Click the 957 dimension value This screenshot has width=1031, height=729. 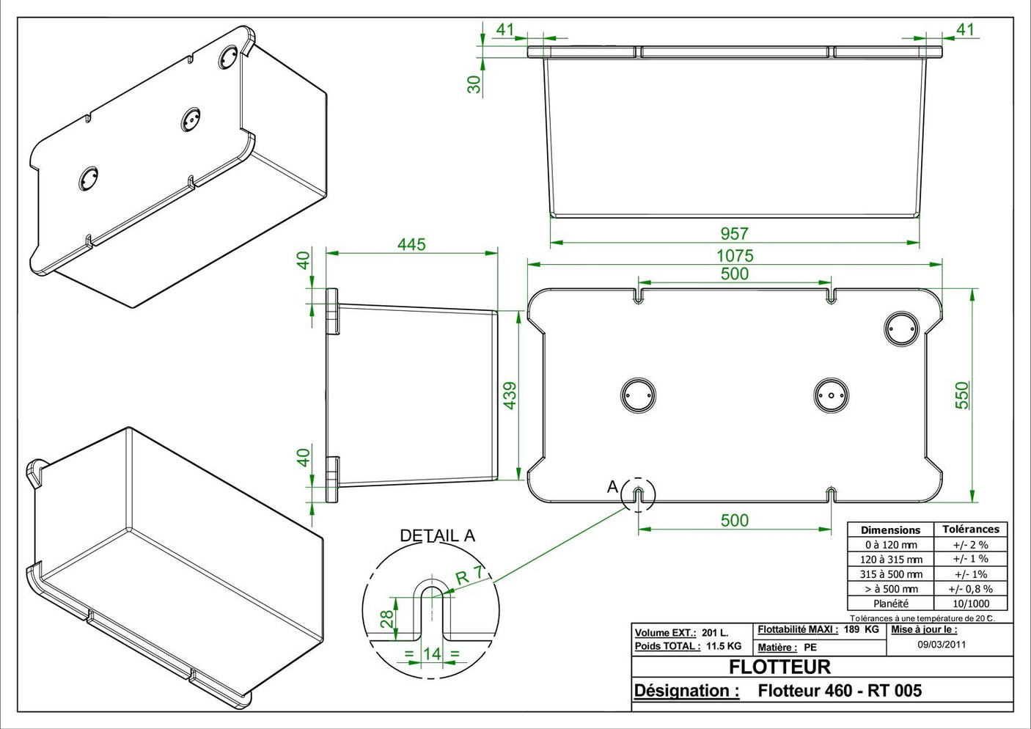coord(734,234)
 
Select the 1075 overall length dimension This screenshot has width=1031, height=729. coord(735,256)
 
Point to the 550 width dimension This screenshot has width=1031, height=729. coord(962,395)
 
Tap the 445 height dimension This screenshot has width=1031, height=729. coord(411,244)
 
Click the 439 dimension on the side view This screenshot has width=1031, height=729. coord(510,395)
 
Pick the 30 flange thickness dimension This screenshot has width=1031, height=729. coord(474,84)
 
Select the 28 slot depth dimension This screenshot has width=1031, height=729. coord(386,618)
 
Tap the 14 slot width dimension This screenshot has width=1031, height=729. coord(432,653)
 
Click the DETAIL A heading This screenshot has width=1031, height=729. coord(437,536)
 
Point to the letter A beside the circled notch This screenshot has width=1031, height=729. coord(612,487)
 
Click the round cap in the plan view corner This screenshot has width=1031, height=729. coord(900,329)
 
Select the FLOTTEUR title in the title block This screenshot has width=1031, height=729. coord(779,667)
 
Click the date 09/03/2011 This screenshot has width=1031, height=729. coord(942,645)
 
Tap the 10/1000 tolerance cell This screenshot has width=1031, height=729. coord(971,604)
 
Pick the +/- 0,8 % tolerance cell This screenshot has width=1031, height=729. coord(970,589)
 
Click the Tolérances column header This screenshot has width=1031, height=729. coord(970,529)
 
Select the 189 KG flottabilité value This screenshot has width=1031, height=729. coord(861,629)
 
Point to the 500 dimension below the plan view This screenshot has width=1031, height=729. coord(734,521)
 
